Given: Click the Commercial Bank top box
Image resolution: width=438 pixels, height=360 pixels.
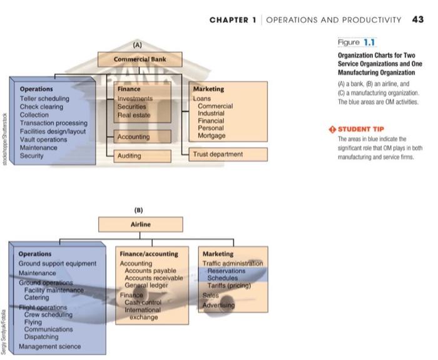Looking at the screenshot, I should point(140,59).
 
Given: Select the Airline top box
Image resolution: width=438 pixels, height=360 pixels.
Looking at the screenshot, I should point(140,224).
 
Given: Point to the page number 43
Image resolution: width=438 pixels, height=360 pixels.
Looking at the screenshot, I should point(418,19).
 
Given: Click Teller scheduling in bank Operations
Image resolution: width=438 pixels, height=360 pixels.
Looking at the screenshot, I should point(44,99).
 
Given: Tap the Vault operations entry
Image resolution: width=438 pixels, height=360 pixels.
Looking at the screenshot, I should point(43,140).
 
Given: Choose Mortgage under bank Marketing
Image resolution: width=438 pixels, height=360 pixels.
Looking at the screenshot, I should point(211,136).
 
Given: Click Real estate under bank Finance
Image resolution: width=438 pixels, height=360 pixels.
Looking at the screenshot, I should point(134,115).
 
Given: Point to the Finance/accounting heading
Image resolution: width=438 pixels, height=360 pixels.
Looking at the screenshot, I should point(148,254).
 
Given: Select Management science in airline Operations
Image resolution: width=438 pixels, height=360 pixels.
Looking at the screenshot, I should point(49,346).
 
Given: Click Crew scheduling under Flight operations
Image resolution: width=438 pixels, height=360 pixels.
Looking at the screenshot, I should point(48,314).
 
